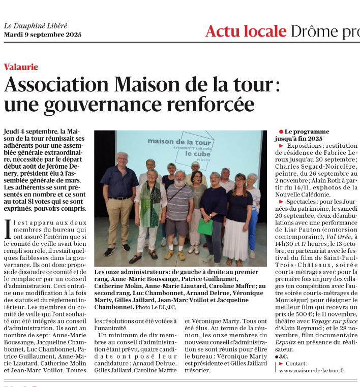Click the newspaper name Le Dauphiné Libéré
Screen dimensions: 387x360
tap(36, 26)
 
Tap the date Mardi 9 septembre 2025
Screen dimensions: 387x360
tap(43, 35)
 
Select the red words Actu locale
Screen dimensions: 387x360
tap(246, 31)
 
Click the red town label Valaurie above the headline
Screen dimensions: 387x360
tap(21, 67)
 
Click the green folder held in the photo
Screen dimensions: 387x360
tap(205, 227)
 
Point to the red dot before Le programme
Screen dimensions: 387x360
tap(281, 132)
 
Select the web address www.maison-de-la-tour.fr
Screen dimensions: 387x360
tap(312, 370)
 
